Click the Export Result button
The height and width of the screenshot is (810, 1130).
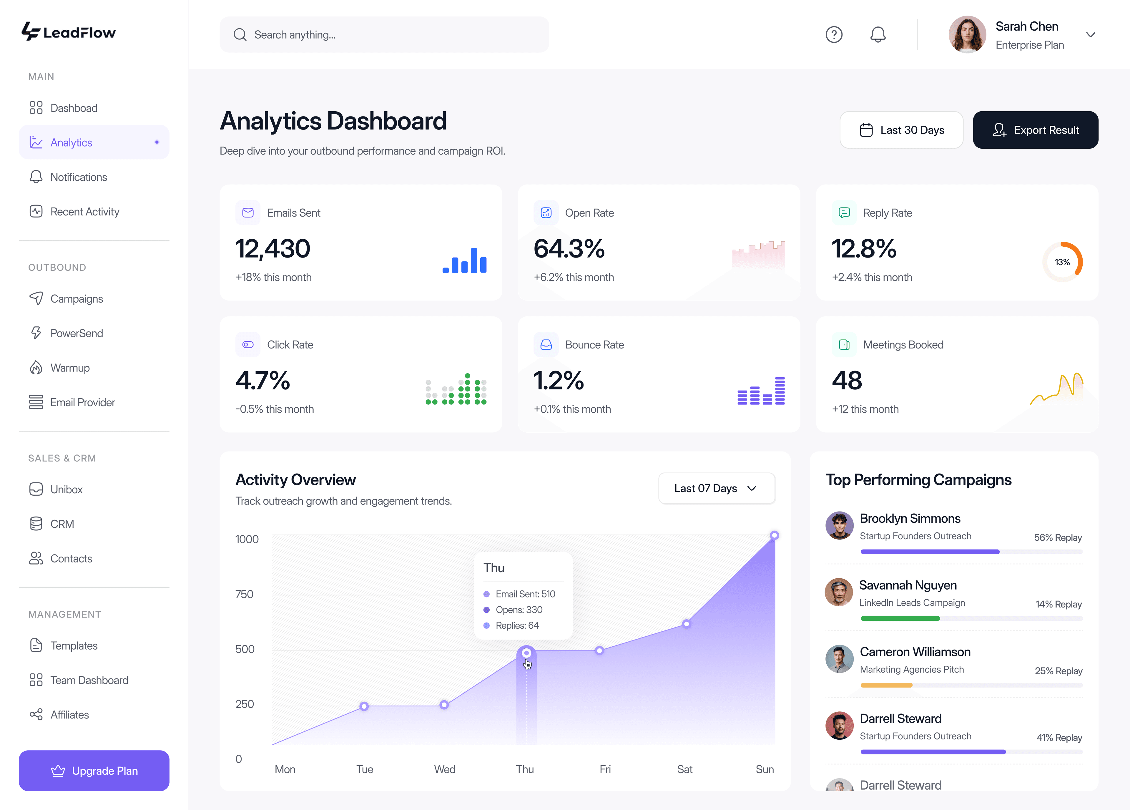(1035, 130)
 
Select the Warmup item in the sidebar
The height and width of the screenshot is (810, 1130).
(70, 368)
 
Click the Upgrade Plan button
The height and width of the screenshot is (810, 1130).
(94, 770)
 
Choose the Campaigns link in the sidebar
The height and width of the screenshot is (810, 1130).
(76, 298)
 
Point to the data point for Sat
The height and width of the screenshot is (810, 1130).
(686, 624)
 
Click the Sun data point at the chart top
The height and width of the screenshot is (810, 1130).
(774, 535)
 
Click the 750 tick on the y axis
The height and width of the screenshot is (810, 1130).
(244, 594)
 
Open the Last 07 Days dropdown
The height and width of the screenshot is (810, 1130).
(716, 489)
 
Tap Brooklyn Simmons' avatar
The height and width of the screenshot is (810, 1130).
(839, 525)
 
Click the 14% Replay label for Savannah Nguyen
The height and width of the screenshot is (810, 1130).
(1058, 604)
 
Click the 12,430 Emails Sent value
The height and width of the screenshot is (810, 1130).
(272, 249)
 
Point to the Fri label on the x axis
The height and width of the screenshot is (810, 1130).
(605, 769)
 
